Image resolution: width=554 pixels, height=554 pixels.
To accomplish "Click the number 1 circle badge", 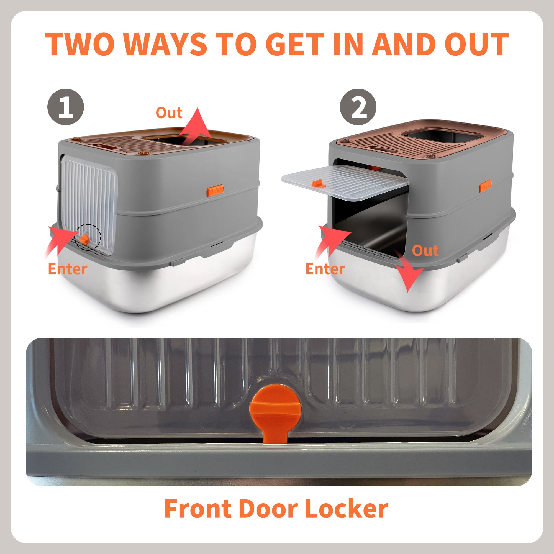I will click(66, 107).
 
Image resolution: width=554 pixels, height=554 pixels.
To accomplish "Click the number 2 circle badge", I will click(358, 107).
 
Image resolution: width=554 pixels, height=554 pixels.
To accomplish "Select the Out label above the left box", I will click(169, 113).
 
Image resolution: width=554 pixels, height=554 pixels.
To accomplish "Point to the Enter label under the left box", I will click(67, 269).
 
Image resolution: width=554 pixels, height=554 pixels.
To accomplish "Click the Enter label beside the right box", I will click(325, 269).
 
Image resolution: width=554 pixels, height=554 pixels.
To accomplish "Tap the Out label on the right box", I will click(425, 251).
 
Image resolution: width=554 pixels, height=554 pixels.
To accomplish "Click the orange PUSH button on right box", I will click(485, 186).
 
